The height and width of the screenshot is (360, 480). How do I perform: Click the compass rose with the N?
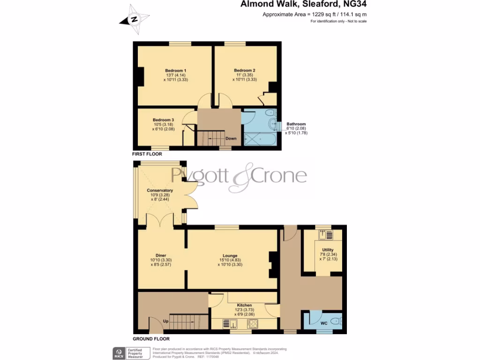tap(135, 20)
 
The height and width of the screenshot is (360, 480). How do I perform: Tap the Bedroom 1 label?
tap(172, 71)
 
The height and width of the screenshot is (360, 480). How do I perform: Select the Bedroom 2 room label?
tap(245, 71)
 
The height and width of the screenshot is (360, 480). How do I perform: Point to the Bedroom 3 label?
tap(163, 120)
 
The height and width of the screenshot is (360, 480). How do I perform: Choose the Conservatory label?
tap(160, 190)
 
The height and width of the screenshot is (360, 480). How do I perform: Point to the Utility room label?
tap(328, 250)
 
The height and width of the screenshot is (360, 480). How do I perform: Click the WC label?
tap(323, 323)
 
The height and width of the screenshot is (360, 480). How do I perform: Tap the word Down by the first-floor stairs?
tap(231, 139)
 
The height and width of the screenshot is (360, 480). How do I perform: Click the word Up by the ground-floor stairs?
tap(166, 321)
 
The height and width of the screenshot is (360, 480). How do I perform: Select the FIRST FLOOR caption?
tap(147, 154)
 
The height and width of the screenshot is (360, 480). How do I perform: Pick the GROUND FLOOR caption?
tap(151, 338)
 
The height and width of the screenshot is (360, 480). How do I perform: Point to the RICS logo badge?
tap(118, 352)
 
